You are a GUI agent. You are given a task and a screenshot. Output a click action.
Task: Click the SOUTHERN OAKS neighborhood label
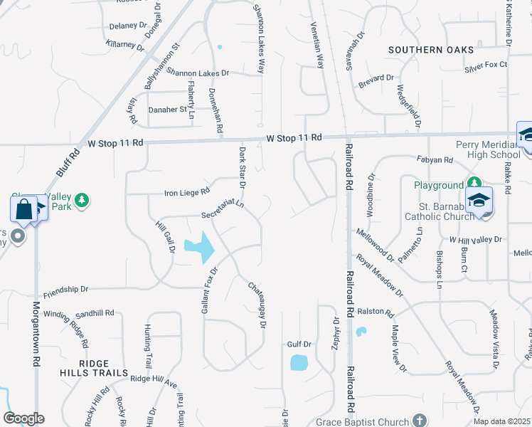(431, 49)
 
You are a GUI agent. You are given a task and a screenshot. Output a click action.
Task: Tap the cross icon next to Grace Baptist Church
(420, 421)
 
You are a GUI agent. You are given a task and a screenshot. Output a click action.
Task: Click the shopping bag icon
(23, 209)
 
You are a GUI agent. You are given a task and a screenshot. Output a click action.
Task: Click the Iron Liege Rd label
(188, 191)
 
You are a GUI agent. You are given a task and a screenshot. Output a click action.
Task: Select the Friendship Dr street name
(65, 290)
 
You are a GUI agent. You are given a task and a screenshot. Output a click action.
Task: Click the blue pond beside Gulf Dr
(300, 362)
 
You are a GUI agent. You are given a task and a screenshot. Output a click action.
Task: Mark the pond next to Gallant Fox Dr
(201, 247)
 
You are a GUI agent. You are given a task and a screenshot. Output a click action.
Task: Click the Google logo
(23, 418)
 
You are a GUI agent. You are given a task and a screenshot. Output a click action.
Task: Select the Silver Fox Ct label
(486, 65)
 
